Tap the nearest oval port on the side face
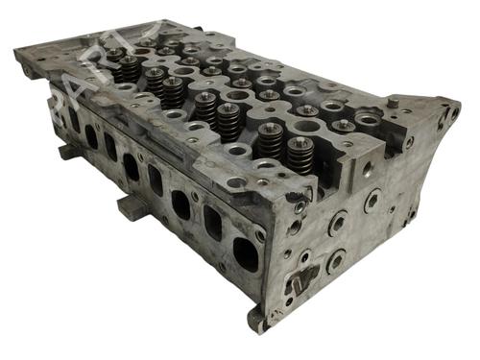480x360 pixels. pos(245,253)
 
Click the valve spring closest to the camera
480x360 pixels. pos(300,154)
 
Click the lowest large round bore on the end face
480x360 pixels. pos(336,259)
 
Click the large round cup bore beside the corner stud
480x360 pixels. pos(368,121)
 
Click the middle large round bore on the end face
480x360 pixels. pos(338,224)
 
